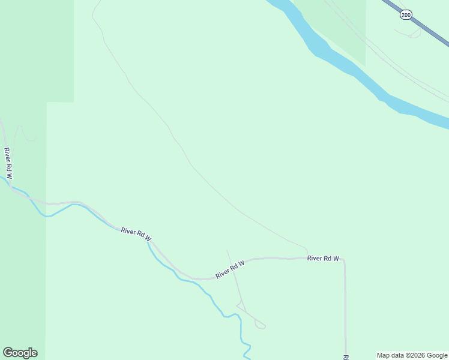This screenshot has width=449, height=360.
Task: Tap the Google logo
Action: click(20, 353)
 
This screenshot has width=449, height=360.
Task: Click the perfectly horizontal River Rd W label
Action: click(323, 259)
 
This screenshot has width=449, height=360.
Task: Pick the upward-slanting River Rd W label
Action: click(230, 269)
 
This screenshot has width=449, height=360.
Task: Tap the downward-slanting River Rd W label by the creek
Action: click(136, 234)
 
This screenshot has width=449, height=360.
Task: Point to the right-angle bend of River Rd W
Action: click(344, 260)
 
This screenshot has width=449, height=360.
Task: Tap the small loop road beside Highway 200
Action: click(414, 35)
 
